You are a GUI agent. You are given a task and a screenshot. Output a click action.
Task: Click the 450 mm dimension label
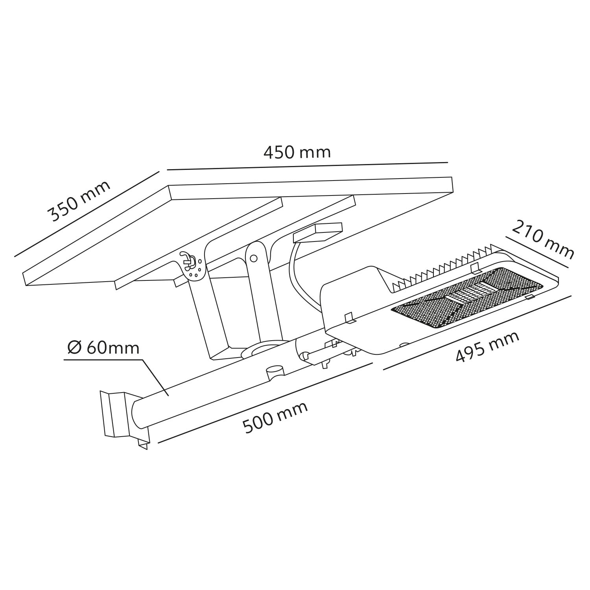coord(297,152)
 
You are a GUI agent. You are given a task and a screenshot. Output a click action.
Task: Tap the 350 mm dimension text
coord(79,201)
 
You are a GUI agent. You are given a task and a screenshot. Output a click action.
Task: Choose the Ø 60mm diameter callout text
coord(103,348)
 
